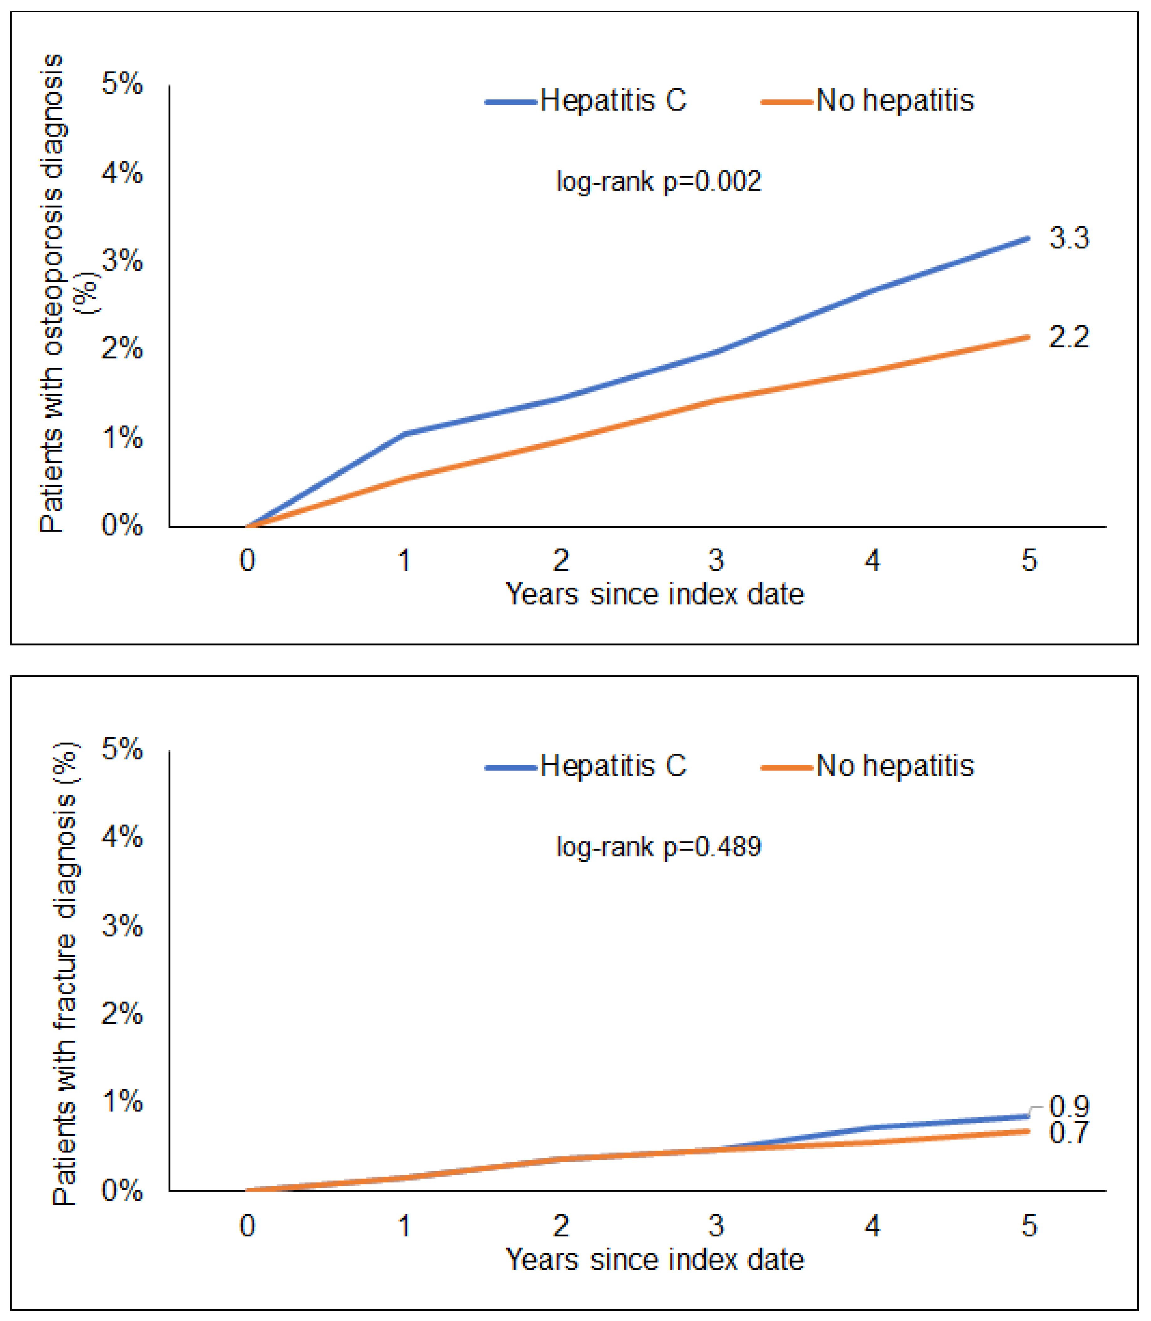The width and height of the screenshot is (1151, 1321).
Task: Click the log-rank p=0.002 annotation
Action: click(658, 182)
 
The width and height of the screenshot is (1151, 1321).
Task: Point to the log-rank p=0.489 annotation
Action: click(658, 847)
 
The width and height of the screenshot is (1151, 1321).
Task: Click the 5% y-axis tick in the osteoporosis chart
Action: click(122, 84)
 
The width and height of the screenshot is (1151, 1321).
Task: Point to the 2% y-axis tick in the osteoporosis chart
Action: click(122, 349)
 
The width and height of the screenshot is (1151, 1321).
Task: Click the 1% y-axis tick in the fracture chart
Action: click(122, 1102)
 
